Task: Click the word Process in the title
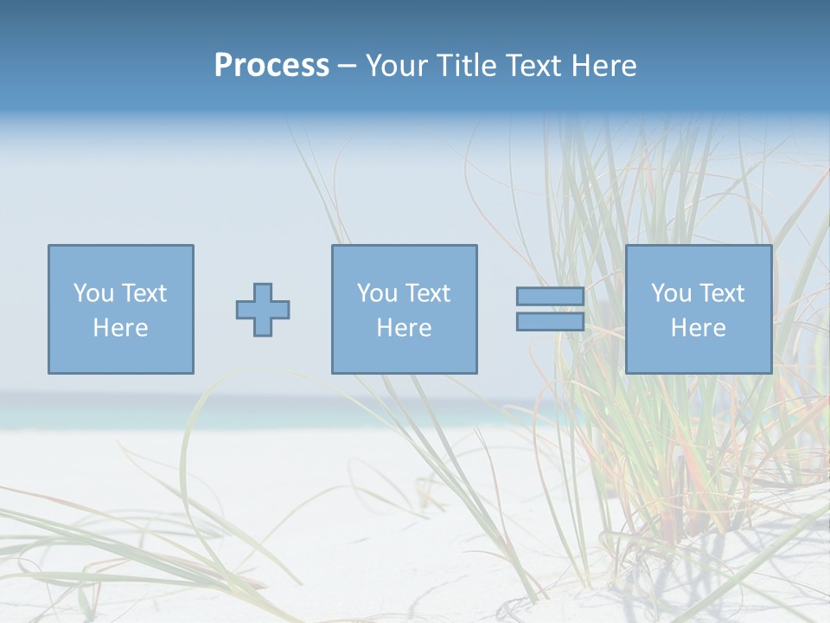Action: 271,66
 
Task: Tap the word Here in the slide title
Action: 604,66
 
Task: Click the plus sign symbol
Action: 263,310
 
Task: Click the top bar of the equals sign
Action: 550,297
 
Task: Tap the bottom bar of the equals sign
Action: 550,322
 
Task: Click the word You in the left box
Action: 93,293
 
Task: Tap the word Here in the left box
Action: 121,328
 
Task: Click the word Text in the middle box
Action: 428,293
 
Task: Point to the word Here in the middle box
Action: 405,328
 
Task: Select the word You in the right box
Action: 671,293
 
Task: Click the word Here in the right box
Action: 699,328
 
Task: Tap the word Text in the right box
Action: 722,293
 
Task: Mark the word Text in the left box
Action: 144,293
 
